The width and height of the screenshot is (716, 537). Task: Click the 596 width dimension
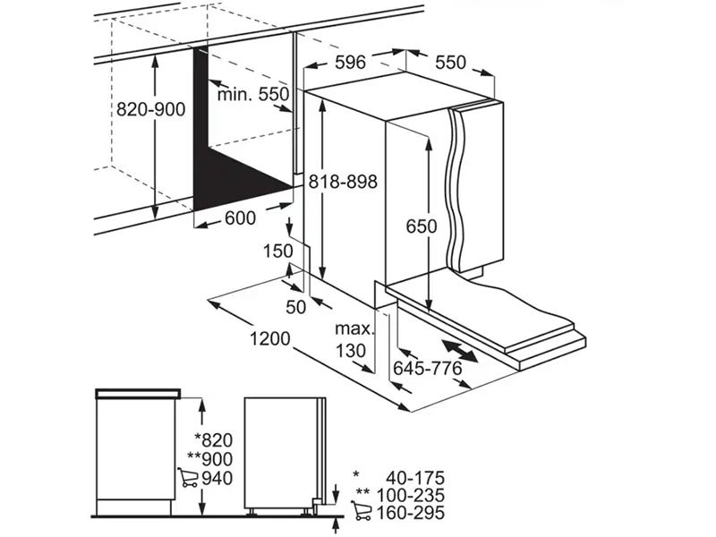[350, 62]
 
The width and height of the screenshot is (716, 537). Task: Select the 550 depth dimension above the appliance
[450, 62]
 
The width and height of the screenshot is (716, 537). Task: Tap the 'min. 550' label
[253, 95]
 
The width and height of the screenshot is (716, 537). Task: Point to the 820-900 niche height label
[150, 109]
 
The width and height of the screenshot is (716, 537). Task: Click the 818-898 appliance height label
[344, 182]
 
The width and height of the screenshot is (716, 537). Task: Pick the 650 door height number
[421, 226]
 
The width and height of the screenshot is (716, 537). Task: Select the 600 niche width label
[240, 218]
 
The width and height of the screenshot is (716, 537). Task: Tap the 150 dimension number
[278, 251]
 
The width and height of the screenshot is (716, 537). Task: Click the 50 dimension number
[295, 307]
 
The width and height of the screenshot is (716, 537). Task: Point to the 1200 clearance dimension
[270, 339]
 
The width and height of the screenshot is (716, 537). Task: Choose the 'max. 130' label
[354, 339]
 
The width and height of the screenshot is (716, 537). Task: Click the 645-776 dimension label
[428, 368]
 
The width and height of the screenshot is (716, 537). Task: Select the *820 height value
[214, 440]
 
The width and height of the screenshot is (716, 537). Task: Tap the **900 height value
[210, 459]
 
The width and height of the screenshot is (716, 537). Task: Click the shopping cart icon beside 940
[188, 477]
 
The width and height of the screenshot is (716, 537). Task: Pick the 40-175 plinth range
[415, 478]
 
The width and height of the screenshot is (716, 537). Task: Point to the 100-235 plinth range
[411, 496]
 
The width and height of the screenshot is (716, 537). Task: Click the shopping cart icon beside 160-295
[362, 511]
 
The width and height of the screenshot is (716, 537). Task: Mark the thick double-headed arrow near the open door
[460, 351]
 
